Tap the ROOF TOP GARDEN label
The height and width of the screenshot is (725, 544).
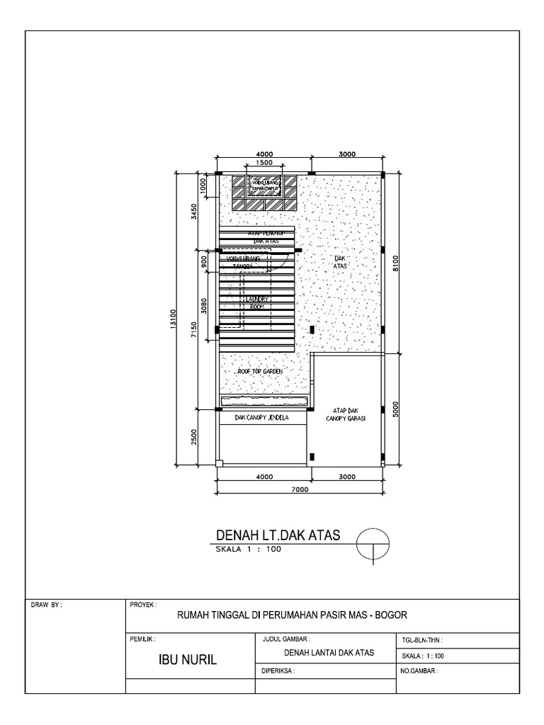pyautogui.click(x=260, y=370)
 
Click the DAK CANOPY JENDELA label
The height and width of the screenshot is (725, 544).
pyautogui.click(x=263, y=418)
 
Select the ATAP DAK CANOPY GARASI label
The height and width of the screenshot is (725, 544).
pyautogui.click(x=345, y=414)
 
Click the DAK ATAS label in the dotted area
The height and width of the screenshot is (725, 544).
pyautogui.click(x=340, y=263)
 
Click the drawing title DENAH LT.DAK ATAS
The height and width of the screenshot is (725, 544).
pyautogui.click(x=276, y=535)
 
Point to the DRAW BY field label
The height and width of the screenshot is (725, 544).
pyautogui.click(x=47, y=605)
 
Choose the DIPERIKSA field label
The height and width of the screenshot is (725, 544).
pyautogui.click(x=278, y=669)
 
